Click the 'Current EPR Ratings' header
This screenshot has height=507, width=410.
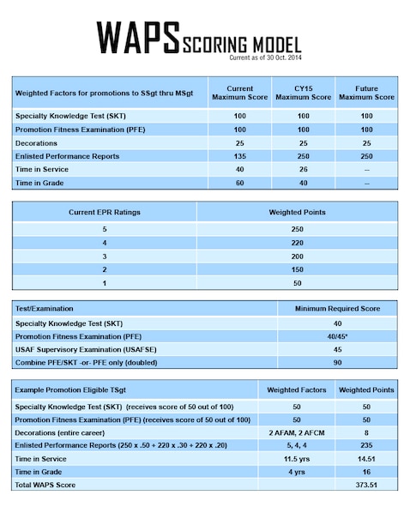(x=104, y=211)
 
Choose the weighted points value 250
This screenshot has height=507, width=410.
(x=298, y=229)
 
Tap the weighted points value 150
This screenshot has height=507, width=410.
(x=298, y=269)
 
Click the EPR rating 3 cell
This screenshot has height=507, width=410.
(x=104, y=256)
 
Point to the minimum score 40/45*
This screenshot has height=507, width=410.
(x=332, y=335)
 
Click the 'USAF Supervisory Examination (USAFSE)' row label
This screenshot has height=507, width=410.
(x=79, y=349)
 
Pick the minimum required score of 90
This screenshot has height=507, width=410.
(x=332, y=362)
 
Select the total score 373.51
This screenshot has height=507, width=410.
(x=366, y=486)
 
